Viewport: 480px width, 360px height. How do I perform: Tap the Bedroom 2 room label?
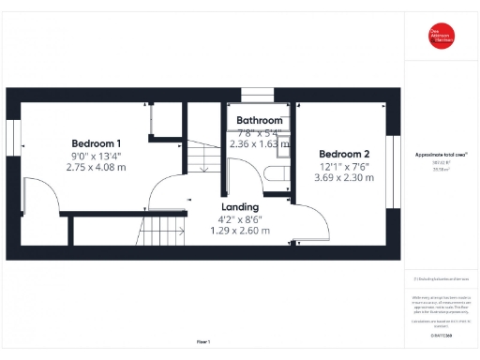pyautogui.click(x=344, y=154)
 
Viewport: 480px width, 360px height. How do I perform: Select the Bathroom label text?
pyautogui.click(x=260, y=121)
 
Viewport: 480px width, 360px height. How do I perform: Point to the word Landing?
pyautogui.click(x=240, y=207)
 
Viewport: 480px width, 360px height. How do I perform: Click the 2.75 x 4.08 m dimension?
pyautogui.click(x=96, y=167)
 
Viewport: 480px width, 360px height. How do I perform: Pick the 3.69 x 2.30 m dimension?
pyautogui.click(x=344, y=177)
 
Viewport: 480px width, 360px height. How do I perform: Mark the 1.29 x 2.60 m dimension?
pyautogui.click(x=240, y=231)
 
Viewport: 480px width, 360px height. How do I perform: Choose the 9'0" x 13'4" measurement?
pyautogui.click(x=96, y=156)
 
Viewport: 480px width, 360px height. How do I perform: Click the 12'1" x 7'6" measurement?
pyautogui.click(x=344, y=166)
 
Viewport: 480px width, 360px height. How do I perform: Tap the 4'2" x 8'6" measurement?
pyautogui.click(x=240, y=219)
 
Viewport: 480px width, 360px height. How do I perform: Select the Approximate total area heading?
pyautogui.click(x=442, y=154)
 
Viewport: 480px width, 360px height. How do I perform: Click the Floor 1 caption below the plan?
pyautogui.click(x=203, y=341)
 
